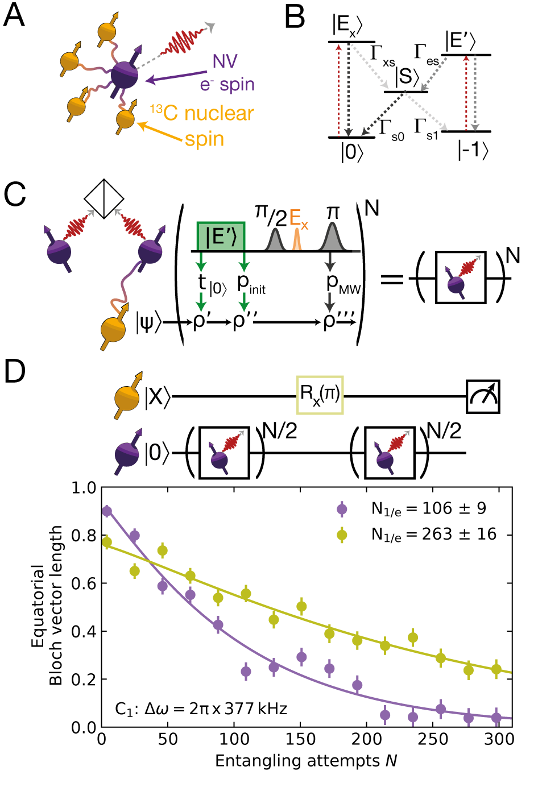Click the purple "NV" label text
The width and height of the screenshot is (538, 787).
tap(225, 61)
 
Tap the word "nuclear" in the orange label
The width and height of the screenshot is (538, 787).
tap(219, 114)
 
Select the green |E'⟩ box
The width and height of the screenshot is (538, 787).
tap(221, 236)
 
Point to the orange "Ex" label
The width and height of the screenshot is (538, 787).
tap(298, 219)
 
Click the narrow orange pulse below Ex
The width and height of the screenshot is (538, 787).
tap(296, 241)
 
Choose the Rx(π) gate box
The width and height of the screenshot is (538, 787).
tap(320, 394)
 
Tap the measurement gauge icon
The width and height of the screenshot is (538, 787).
tap(483, 396)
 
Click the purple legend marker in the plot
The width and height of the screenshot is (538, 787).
tap(342, 509)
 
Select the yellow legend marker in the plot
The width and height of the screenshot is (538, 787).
tap(342, 535)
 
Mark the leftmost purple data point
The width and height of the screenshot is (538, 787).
tap(107, 511)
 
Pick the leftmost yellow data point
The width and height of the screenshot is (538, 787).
tap(107, 542)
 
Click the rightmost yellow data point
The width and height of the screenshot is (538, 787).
tap(496, 670)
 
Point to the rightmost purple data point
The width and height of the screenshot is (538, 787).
tap(496, 718)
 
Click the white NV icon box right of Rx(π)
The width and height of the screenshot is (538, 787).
tap(390, 453)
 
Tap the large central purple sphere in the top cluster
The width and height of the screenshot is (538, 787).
tap(125, 75)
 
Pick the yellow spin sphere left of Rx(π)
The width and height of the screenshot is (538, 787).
tap(127, 397)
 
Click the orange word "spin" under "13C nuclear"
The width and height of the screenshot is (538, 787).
tap(205, 139)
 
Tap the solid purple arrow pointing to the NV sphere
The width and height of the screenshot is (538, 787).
tap(176, 76)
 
